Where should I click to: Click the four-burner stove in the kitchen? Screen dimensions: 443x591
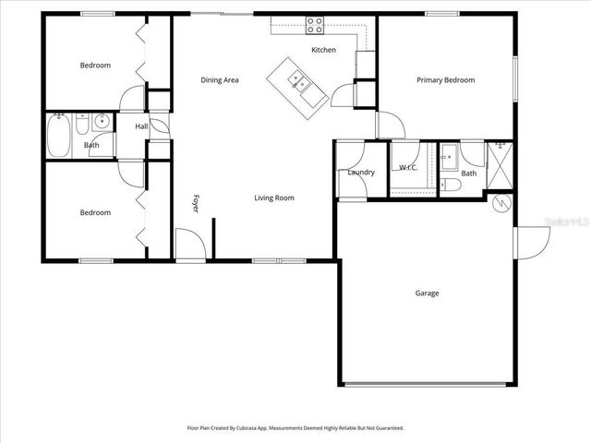pyautogui.click(x=316, y=25)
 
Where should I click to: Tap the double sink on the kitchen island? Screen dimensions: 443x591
pyautogui.click(x=298, y=80)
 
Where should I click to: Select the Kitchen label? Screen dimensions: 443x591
pyautogui.click(x=323, y=50)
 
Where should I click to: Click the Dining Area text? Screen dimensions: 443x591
pyautogui.click(x=220, y=80)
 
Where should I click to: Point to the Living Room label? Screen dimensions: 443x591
pyautogui.click(x=274, y=198)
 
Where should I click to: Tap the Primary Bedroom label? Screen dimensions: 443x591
pyautogui.click(x=445, y=80)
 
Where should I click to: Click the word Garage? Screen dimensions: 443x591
pyautogui.click(x=427, y=293)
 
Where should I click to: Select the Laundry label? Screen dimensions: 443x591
pyautogui.click(x=361, y=173)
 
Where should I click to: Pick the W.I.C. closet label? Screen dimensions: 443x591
pyautogui.click(x=407, y=167)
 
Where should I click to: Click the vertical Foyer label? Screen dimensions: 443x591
pyautogui.click(x=196, y=204)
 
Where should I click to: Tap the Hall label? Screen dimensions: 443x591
pyautogui.click(x=141, y=126)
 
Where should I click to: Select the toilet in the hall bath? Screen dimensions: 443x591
pyautogui.click(x=82, y=125)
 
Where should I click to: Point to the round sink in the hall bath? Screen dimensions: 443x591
pyautogui.click(x=102, y=121)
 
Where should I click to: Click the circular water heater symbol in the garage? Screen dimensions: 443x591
pyautogui.click(x=503, y=204)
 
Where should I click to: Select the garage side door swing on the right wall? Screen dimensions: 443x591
pyautogui.click(x=531, y=242)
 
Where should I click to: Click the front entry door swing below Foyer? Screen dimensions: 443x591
pyautogui.click(x=188, y=245)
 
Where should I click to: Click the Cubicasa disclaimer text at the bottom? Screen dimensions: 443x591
pyautogui.click(x=295, y=428)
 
